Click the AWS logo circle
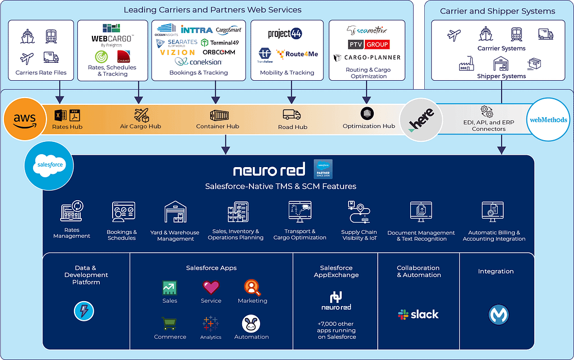pyautogui.click(x=25, y=119)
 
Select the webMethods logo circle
pyautogui.click(x=548, y=119)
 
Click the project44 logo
pyautogui.click(x=285, y=34)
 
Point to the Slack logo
pyautogui.click(x=418, y=315)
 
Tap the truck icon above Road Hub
pyautogui.click(x=291, y=114)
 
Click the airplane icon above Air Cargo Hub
pyautogui.click(x=141, y=114)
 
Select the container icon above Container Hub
pyautogui.click(x=219, y=115)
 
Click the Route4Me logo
pyautogui.click(x=298, y=54)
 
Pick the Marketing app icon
pyautogui.click(x=252, y=288)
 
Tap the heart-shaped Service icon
pyautogui.click(x=211, y=288)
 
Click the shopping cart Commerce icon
pyautogui.click(x=169, y=324)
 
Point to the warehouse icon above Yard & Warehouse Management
pyautogui.click(x=175, y=213)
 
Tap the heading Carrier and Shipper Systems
pyautogui.click(x=497, y=11)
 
